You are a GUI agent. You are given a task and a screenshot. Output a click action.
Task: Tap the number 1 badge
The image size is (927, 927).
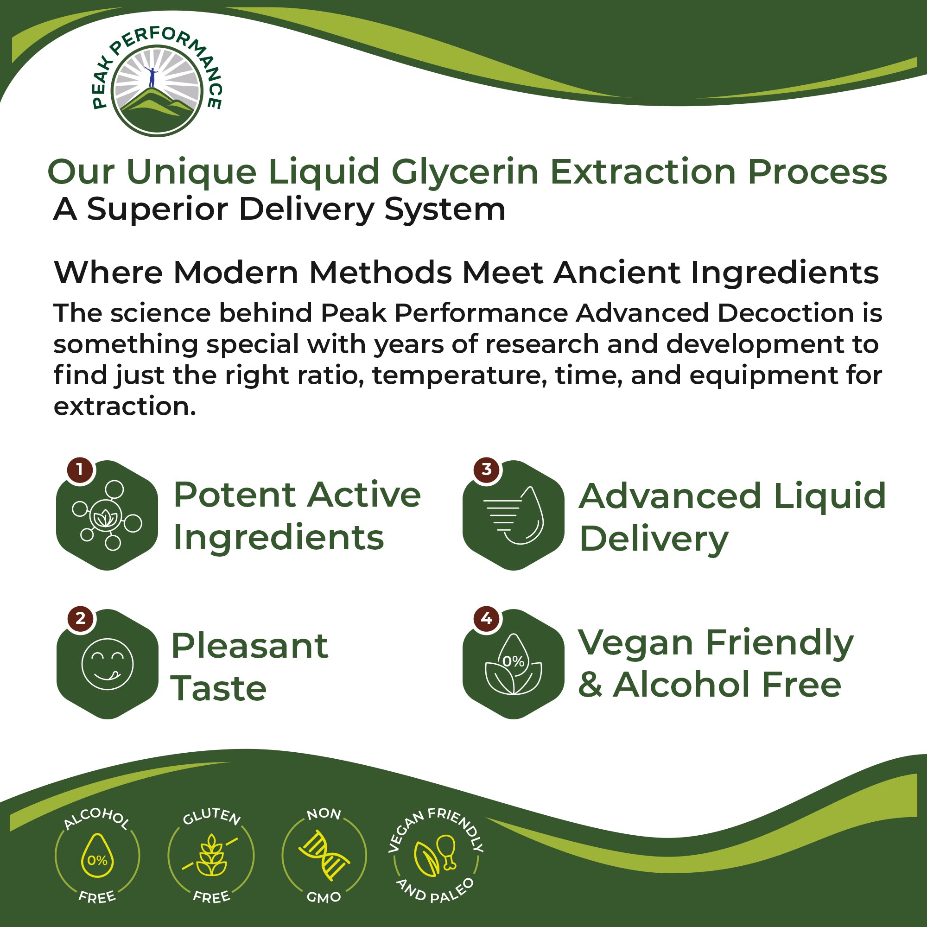[80, 469]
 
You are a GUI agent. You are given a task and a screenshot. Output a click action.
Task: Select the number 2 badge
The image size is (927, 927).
[80, 618]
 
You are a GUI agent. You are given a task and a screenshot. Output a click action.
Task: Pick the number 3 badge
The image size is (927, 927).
[487, 469]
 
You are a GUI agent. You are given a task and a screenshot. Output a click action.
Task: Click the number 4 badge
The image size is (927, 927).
[487, 618]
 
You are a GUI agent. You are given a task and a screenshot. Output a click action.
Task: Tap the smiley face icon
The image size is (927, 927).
[107, 664]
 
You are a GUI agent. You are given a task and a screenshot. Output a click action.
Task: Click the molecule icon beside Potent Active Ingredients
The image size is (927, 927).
[107, 516]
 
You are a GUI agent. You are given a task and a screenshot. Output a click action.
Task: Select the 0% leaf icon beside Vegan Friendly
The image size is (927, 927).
[513, 665]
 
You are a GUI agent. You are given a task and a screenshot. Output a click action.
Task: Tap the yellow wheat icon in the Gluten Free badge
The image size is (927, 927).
[210, 856]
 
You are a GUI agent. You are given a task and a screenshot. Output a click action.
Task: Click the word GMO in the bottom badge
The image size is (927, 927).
[324, 897]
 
